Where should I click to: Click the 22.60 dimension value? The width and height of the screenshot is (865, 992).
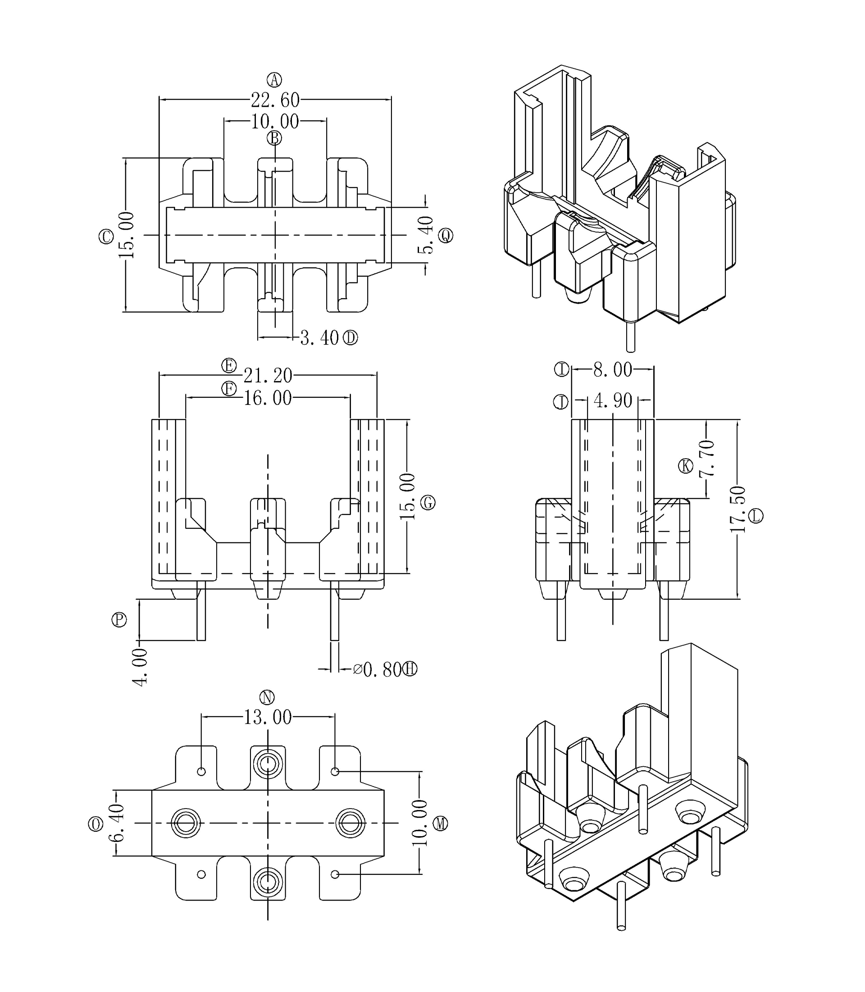(275, 100)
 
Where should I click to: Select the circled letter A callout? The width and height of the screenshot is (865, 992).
(275, 80)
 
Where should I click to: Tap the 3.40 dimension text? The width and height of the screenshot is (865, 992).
(319, 338)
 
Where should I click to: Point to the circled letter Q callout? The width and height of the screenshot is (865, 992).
(446, 236)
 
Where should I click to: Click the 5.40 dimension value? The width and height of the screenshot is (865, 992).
(426, 235)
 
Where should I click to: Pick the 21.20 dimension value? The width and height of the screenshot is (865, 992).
(268, 375)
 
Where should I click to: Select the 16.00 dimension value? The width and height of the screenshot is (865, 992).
(268, 398)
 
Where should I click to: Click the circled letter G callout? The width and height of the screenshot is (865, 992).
(428, 503)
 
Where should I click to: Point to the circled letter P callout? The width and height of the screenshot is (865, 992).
(119, 620)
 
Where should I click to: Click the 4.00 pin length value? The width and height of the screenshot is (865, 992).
(141, 667)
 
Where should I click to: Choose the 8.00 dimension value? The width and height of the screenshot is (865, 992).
(613, 370)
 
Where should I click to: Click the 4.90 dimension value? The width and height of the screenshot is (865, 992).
(613, 400)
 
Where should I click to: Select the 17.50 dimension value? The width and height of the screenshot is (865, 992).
(738, 509)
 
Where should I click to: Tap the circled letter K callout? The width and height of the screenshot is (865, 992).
(685, 466)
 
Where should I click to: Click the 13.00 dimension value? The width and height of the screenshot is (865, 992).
(268, 717)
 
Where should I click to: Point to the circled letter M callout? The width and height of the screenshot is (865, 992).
(440, 824)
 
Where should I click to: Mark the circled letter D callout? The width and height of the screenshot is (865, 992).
(351, 338)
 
